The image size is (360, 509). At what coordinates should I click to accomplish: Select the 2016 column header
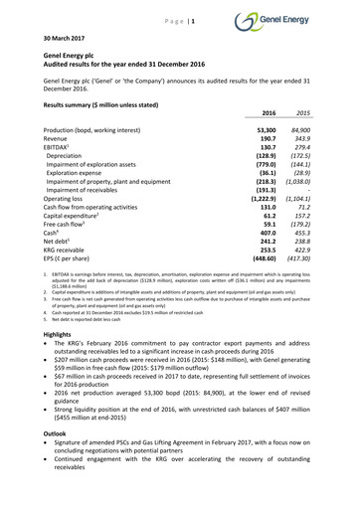[267, 114]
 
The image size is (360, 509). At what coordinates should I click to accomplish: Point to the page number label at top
[179, 20]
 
